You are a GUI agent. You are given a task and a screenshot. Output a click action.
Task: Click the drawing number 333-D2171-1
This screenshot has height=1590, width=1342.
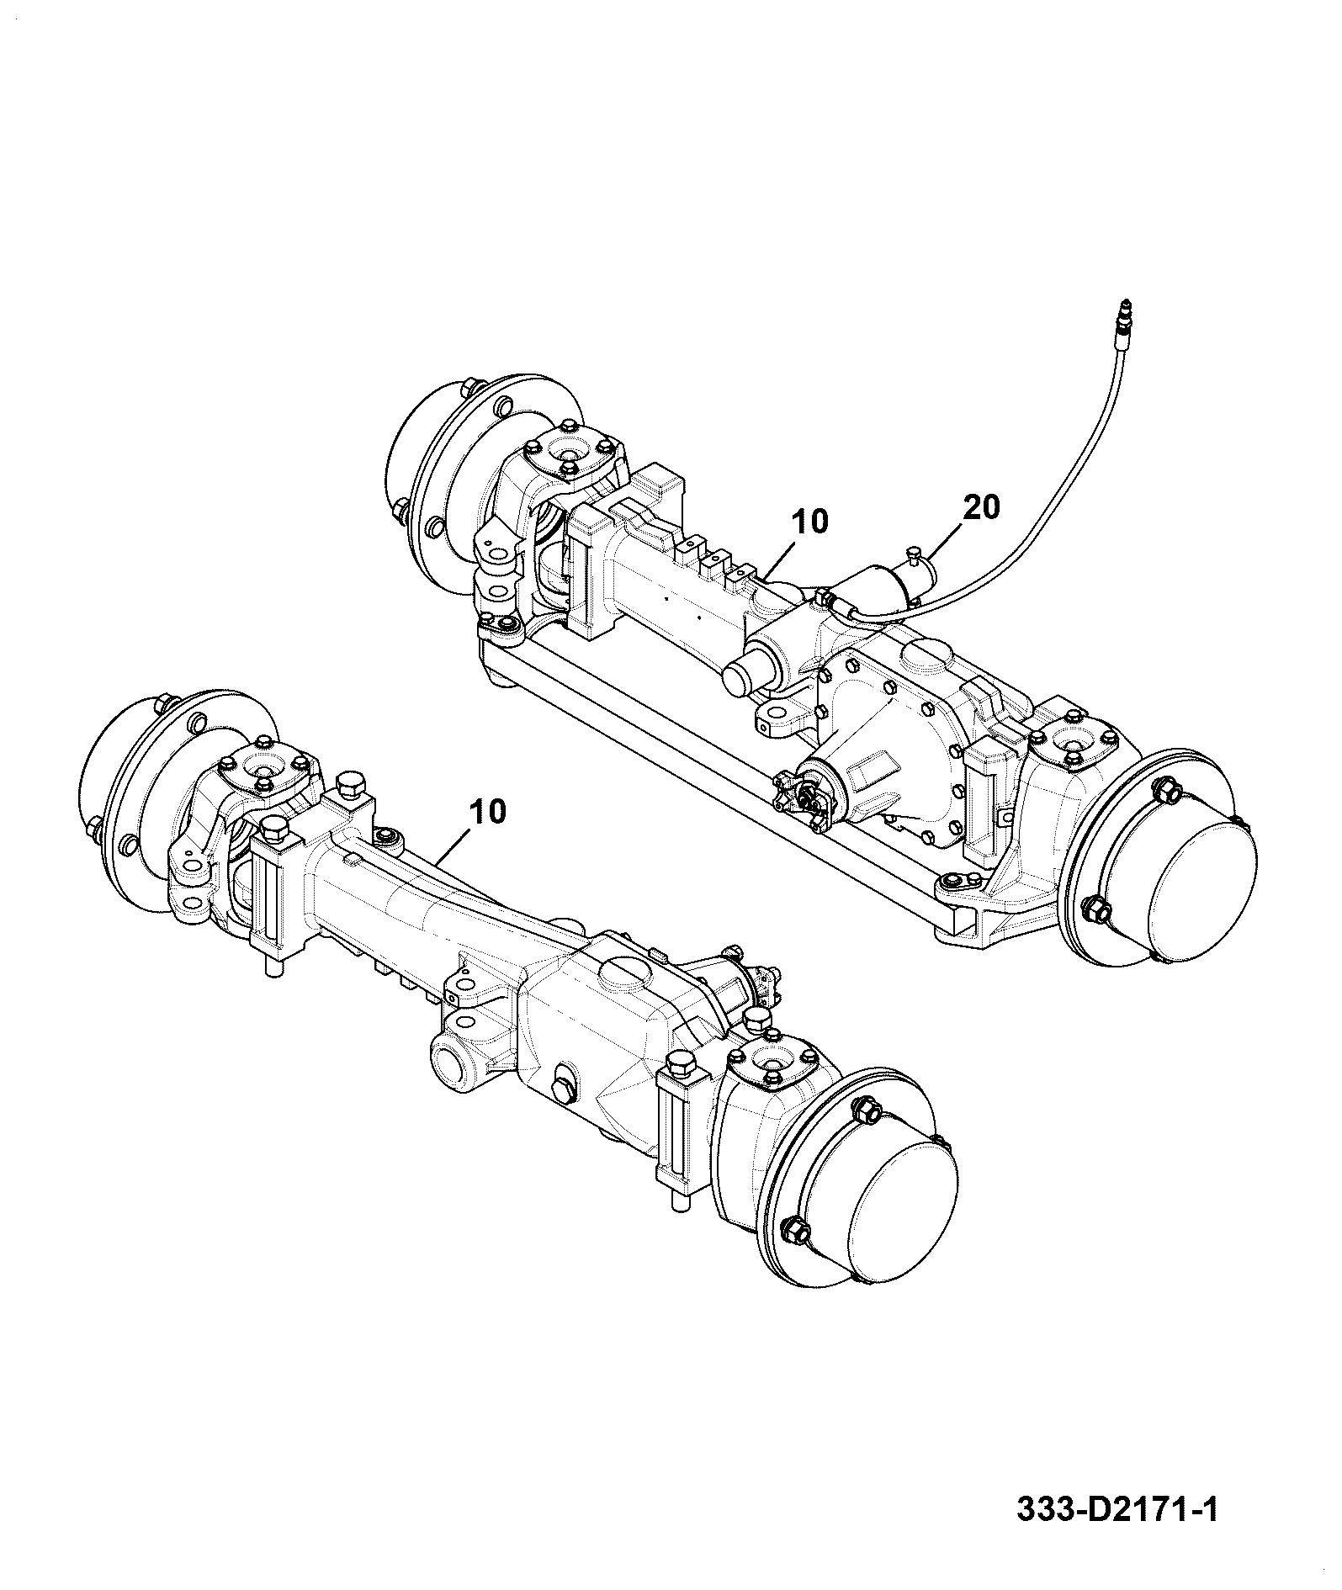pyautogui.click(x=1117, y=1532)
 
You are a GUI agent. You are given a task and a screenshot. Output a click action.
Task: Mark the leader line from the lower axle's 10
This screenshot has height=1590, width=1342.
pyautogui.click(x=455, y=846)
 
